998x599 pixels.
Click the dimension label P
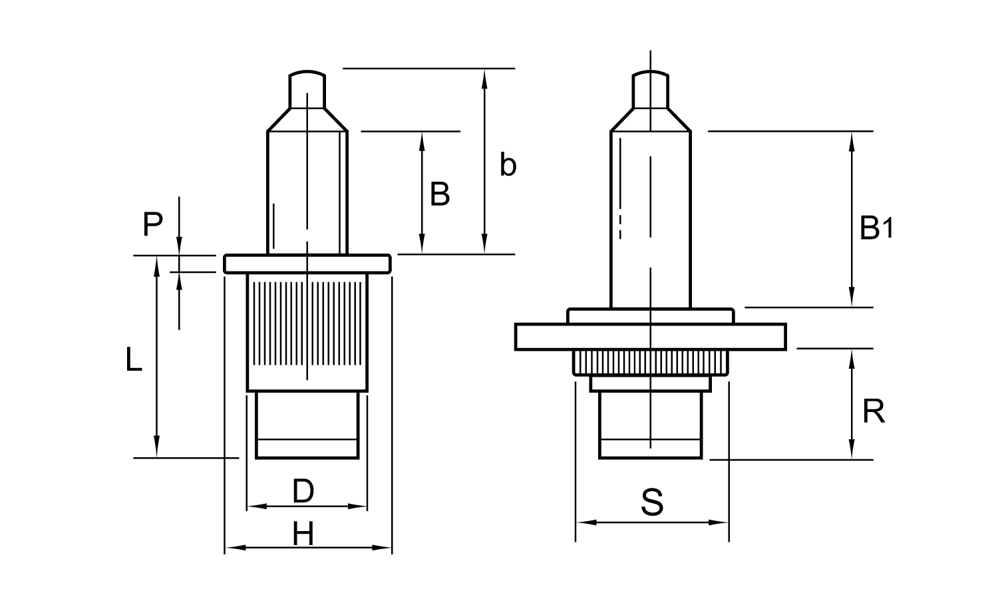(153, 224)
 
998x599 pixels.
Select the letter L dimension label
(134, 359)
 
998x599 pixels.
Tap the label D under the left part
(303, 491)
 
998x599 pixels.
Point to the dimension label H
(303, 534)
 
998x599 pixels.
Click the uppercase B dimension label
(440, 194)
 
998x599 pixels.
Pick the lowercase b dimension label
(508, 165)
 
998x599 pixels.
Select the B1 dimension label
(876, 228)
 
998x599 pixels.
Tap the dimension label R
(874, 411)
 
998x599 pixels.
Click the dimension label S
(652, 502)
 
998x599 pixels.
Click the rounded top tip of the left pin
(307, 72)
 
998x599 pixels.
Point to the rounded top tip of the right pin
(651, 72)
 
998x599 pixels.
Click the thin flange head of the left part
(307, 264)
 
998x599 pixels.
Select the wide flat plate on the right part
(651, 337)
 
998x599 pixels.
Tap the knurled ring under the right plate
(651, 362)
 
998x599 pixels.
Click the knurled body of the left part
(307, 333)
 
